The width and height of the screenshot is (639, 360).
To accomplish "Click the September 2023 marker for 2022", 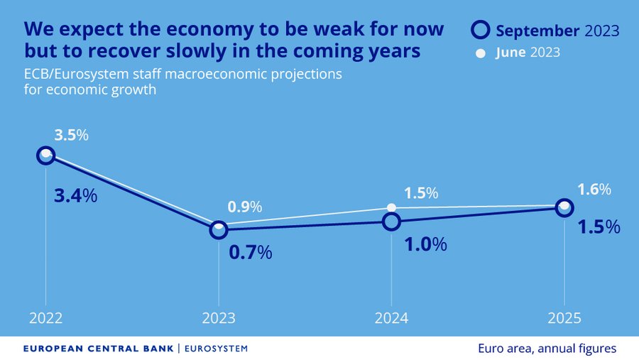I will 46,156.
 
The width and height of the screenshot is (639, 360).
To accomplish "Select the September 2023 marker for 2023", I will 219,229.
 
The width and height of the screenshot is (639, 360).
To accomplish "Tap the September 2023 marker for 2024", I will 391,222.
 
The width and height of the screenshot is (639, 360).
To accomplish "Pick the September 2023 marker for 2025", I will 564,207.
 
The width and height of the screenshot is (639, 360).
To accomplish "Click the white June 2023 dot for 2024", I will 391,207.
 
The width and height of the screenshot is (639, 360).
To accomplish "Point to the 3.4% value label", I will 75,195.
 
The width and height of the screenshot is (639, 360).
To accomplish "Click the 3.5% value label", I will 71,135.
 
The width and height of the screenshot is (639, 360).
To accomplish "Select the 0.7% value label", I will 250,252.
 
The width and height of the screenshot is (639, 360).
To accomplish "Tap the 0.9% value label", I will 245,207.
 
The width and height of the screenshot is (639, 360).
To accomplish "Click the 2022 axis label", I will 46,318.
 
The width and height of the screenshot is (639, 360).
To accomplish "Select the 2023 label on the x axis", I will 219,318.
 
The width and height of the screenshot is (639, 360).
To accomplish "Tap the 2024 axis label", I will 391,318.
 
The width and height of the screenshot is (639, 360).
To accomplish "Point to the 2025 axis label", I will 564,318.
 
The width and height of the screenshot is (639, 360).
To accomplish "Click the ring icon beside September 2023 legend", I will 481,30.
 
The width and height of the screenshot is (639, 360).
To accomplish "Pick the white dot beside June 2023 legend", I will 481,53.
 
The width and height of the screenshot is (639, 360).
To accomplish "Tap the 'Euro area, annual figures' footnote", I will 547,349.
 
